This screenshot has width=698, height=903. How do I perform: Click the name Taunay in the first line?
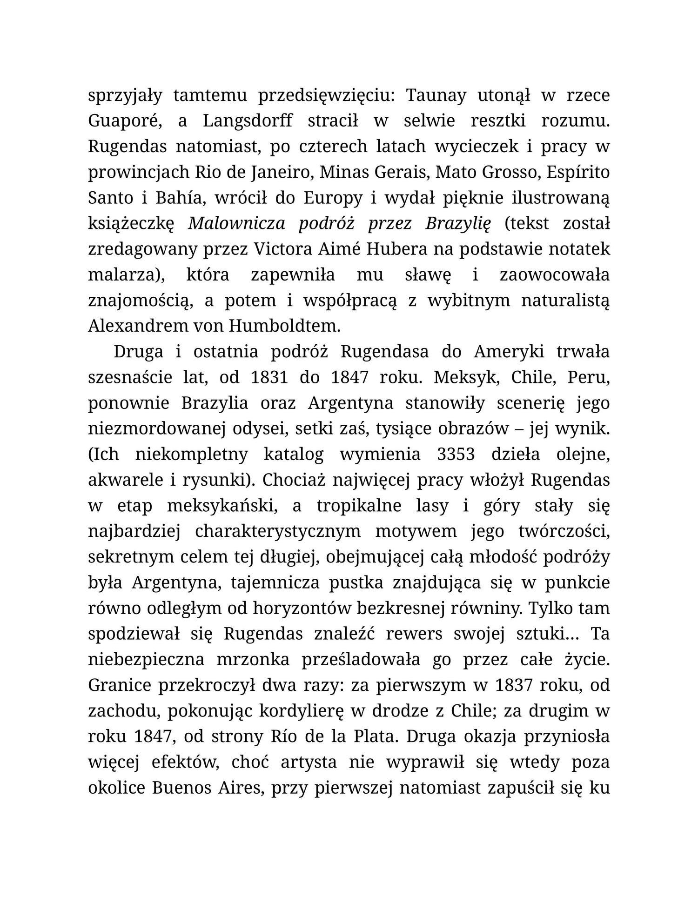pos(436,96)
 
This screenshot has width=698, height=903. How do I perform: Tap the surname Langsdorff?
pos(248,121)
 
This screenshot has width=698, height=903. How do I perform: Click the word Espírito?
pos(577,173)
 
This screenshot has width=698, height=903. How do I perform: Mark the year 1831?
pos(269,377)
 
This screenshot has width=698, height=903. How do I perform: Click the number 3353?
pos(456,454)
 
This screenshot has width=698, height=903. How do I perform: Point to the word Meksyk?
pos(466,377)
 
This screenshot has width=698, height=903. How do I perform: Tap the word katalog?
pos(294,454)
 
